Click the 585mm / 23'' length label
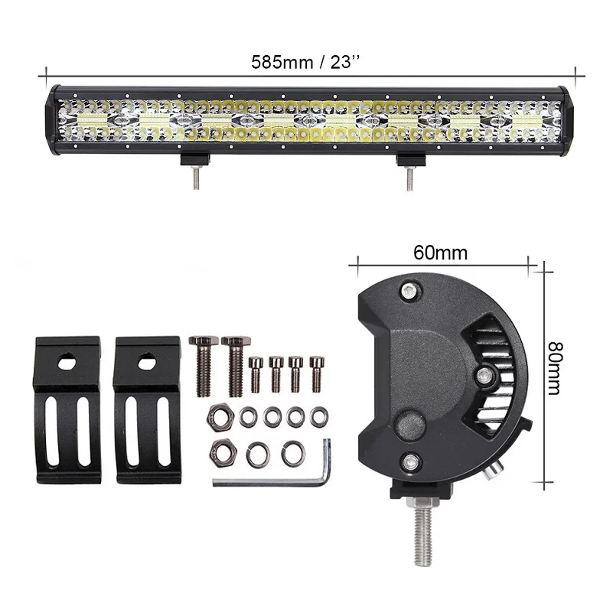point(305,62)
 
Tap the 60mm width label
point(440,253)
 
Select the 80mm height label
point(555,368)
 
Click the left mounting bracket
point(68,409)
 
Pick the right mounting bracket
point(148,409)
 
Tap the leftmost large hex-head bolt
point(204,366)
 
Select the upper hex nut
point(220,416)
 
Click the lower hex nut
point(223,452)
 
